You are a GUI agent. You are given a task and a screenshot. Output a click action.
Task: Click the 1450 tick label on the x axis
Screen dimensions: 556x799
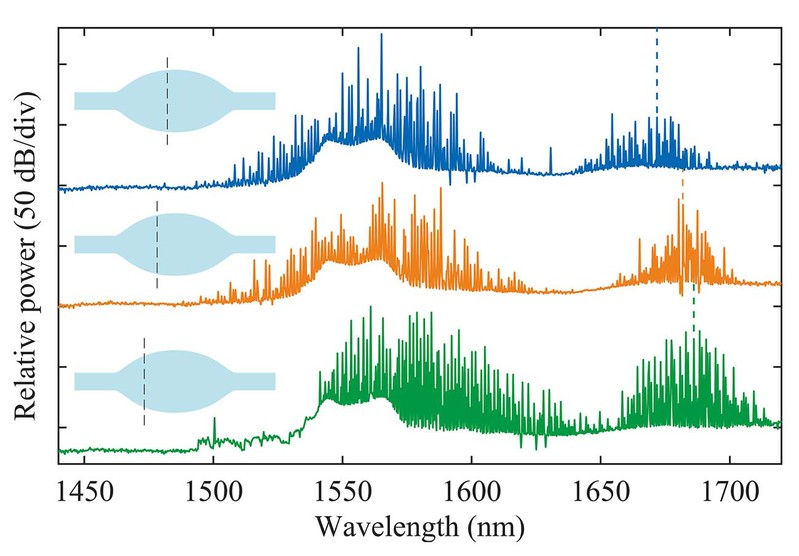click(85, 489)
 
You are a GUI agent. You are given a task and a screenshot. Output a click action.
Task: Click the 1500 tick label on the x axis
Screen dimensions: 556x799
click(214, 489)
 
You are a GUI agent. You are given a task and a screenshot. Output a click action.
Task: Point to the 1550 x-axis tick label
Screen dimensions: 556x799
click(343, 489)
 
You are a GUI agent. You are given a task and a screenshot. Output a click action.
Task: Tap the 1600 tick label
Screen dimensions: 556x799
click(471, 489)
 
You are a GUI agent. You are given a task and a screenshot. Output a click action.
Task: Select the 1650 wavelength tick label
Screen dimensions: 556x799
click(600, 489)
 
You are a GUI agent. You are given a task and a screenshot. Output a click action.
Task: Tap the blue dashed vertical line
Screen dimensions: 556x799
click(657, 70)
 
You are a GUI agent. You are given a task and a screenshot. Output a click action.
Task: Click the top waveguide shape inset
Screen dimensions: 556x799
click(175, 100)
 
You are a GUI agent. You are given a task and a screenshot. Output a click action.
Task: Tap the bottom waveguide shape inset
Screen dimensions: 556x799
click(175, 381)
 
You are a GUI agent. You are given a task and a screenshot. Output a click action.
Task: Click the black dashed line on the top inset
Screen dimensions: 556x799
click(167, 101)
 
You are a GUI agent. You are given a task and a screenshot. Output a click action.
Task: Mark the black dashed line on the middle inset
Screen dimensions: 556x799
click(157, 244)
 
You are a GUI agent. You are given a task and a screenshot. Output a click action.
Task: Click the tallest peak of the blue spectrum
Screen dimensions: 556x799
click(381, 36)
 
